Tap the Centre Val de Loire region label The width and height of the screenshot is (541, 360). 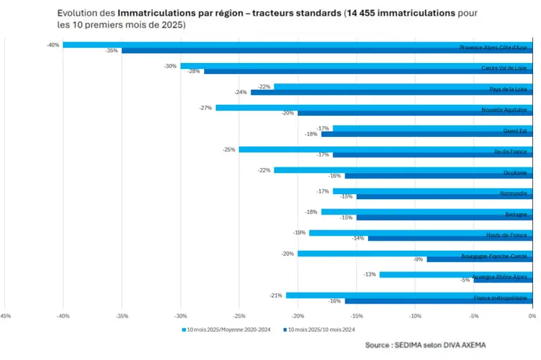(504, 69)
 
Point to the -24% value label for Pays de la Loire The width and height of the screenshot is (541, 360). (242, 93)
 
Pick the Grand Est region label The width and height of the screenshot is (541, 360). (515, 131)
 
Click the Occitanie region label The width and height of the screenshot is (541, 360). (515, 173)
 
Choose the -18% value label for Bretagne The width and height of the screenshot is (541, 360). (311, 212)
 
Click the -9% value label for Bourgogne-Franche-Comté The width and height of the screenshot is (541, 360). (418, 259)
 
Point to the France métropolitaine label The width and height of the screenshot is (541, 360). (500, 298)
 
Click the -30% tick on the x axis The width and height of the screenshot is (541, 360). (180, 316)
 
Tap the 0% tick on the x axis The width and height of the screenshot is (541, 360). (532, 316)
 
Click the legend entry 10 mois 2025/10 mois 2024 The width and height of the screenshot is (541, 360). (323, 330)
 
